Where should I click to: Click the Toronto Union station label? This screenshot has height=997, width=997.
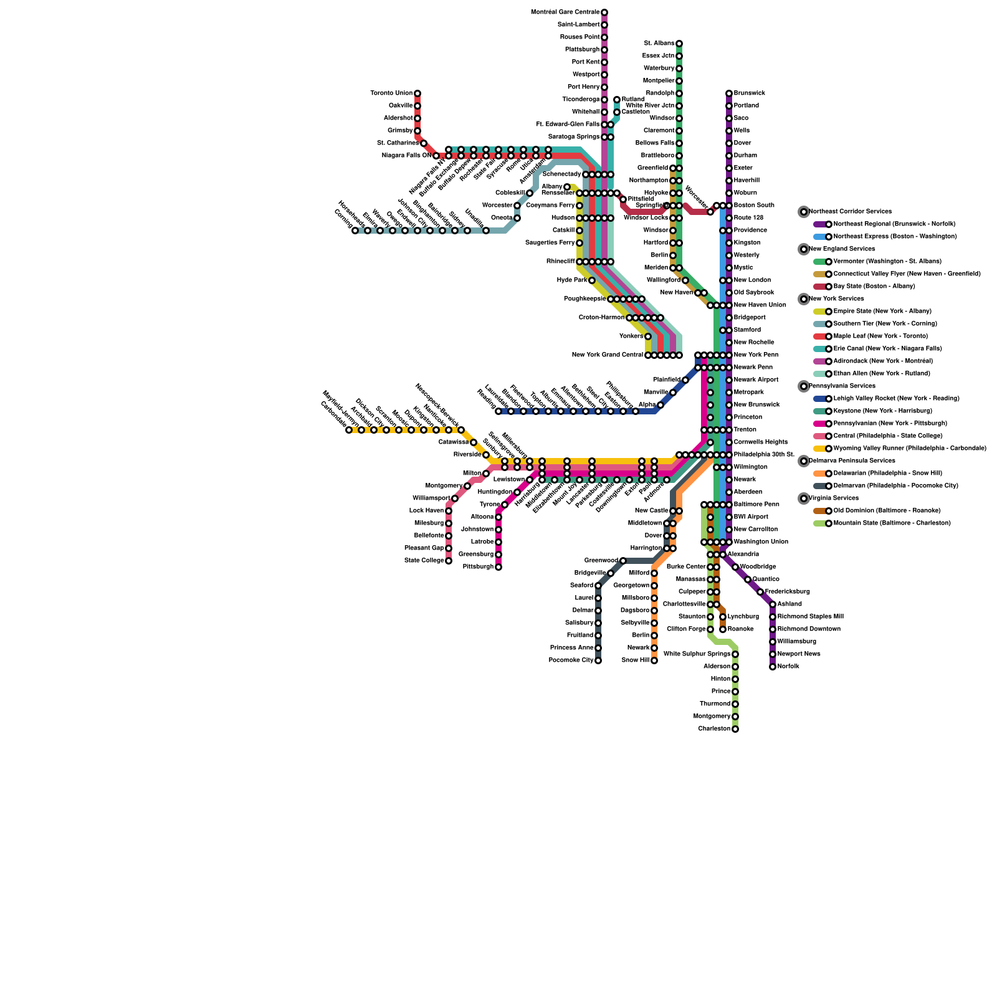391,93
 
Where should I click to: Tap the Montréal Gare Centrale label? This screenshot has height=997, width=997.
565,12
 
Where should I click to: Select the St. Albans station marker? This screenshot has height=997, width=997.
679,44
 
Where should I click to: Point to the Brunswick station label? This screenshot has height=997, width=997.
750,93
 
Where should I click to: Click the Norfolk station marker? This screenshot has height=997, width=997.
773,667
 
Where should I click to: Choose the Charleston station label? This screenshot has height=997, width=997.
714,729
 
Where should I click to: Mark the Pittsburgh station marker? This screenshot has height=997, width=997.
499,567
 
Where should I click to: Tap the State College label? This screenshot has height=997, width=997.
424,561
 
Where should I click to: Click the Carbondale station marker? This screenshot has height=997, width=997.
349,430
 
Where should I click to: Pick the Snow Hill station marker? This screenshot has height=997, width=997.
654,661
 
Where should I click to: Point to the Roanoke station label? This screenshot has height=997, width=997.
741,629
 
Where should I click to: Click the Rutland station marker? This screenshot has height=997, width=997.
617,100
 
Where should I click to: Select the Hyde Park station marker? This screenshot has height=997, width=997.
592,280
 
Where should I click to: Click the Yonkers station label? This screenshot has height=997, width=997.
631,336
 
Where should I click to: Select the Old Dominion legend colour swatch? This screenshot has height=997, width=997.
820,511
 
